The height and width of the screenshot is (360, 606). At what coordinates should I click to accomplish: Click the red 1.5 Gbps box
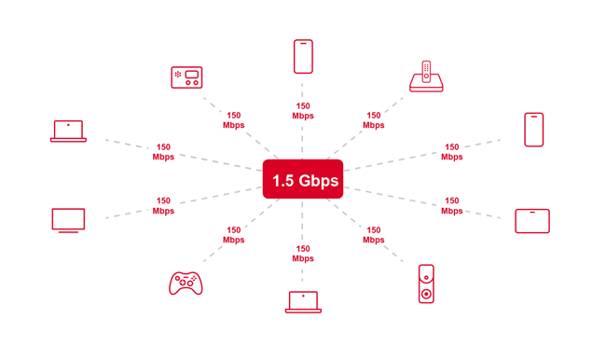point(303,179)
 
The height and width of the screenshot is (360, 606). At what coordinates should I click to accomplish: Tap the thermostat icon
point(186,77)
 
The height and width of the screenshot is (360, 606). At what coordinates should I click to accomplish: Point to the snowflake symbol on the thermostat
point(178,75)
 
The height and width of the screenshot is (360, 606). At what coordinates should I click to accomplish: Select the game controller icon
point(186,283)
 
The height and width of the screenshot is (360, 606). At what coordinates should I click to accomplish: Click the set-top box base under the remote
point(426,86)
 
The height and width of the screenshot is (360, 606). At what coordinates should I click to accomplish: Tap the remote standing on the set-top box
point(426,70)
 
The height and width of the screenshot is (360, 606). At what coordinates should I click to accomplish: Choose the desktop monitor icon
point(68,220)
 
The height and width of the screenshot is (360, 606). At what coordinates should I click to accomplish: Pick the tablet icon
point(532,221)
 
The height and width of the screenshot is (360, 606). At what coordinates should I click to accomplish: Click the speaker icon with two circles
point(426,284)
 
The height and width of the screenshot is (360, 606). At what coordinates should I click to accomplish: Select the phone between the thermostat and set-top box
point(303,57)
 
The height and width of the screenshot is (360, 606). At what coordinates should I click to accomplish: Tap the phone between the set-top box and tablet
point(533,130)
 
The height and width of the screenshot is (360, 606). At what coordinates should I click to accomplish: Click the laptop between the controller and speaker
point(303,301)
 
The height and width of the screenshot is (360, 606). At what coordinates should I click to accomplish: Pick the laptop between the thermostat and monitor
point(68,132)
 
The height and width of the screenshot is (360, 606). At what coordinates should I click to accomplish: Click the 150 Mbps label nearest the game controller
point(233,235)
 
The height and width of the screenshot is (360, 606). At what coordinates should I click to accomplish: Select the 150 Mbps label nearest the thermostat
point(233,120)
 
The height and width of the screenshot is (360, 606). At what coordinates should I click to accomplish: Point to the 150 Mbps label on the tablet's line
point(451,205)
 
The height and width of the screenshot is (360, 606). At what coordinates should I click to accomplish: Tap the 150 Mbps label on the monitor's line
point(163,205)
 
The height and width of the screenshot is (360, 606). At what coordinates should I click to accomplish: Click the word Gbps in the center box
point(319,180)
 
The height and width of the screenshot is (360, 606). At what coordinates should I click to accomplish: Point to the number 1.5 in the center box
point(282,180)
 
